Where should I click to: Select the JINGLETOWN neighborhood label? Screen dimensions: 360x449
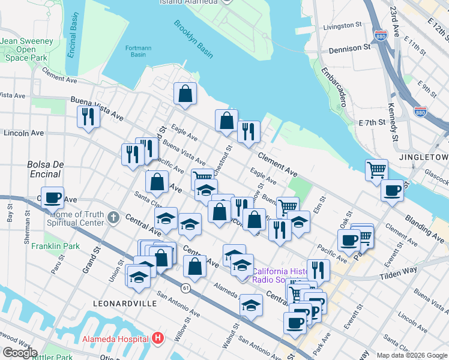[424, 157]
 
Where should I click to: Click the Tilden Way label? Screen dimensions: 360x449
[400, 274]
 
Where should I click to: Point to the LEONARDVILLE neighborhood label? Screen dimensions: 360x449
[125, 304]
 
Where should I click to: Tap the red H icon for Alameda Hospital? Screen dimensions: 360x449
[157, 338]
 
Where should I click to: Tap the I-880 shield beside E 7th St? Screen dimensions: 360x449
[421, 112]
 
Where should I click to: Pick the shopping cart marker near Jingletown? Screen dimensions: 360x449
[376, 169]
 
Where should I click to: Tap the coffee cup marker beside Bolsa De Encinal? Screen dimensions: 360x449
[53, 197]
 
